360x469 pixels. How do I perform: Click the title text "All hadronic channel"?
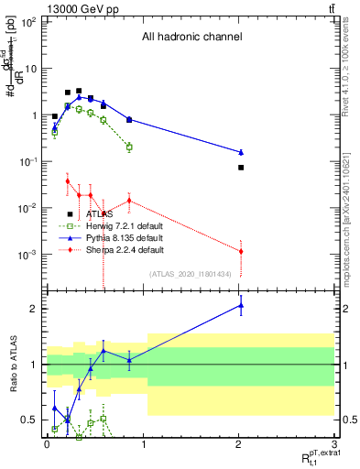click(191, 38)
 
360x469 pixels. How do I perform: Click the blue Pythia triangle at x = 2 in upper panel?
click(241, 152)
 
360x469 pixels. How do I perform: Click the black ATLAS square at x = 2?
click(241, 168)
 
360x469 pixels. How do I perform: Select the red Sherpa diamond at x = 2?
click(241, 251)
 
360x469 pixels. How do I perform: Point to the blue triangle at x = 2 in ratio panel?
click(241, 306)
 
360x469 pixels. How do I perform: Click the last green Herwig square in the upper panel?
click(129, 147)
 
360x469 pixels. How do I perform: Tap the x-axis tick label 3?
click(335, 444)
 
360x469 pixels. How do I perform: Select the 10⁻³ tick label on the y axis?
click(29, 255)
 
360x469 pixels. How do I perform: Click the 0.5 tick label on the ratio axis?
click(30, 420)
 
